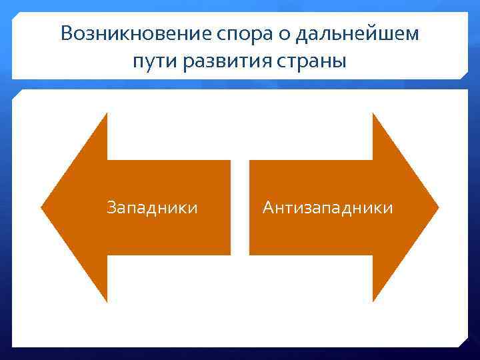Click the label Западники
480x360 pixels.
[x=152, y=208]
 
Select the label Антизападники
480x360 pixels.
[x=327, y=208]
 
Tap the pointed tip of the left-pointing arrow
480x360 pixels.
[x=42, y=207]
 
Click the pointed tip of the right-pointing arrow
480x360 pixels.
[x=438, y=207]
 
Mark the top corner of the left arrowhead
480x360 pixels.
[x=107, y=114]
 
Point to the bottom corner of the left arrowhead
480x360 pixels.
[x=107, y=301]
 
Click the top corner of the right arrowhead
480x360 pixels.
[x=373, y=114]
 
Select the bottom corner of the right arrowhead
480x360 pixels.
[x=373, y=301]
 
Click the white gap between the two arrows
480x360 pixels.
[x=240, y=207]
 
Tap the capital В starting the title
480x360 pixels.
[x=67, y=34]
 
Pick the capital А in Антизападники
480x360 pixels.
[x=268, y=208]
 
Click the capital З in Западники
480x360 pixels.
[x=112, y=208]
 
